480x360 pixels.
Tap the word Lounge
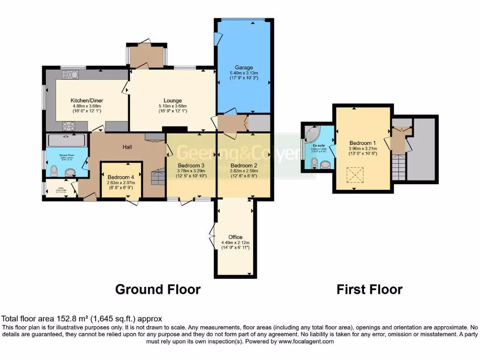172,100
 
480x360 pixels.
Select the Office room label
235,237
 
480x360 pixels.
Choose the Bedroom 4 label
120,177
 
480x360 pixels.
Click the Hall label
127,147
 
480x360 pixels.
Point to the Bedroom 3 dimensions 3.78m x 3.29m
191,171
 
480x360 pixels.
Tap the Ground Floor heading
158,289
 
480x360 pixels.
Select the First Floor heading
369,289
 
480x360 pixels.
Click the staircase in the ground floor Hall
158,178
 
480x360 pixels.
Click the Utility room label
60,188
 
